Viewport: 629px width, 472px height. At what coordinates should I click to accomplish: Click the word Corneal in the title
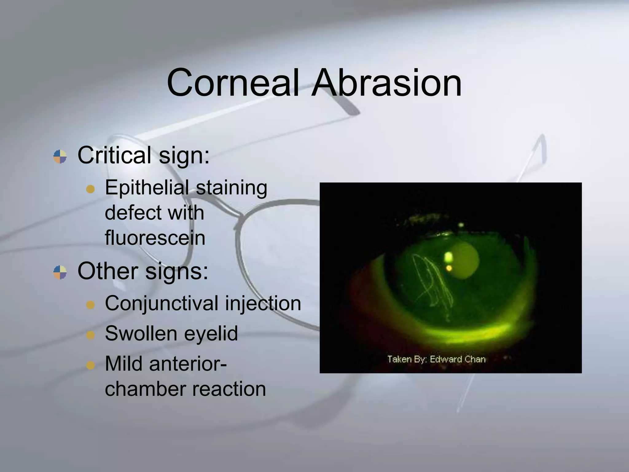click(x=233, y=83)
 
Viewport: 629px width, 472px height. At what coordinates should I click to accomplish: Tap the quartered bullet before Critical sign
click(x=60, y=156)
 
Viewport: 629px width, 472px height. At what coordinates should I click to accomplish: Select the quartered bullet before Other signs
click(x=60, y=272)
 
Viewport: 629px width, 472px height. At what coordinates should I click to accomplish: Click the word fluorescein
click(x=155, y=238)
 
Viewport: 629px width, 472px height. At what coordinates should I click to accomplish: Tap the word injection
click(x=263, y=304)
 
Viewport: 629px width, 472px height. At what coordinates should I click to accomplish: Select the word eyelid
click(x=215, y=334)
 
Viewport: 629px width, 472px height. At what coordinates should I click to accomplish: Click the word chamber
click(x=144, y=389)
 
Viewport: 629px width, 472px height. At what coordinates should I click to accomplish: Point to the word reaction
click(x=229, y=389)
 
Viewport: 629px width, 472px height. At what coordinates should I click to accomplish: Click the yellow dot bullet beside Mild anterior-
click(x=90, y=365)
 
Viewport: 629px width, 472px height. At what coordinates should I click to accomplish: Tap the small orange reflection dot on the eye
click(x=449, y=268)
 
